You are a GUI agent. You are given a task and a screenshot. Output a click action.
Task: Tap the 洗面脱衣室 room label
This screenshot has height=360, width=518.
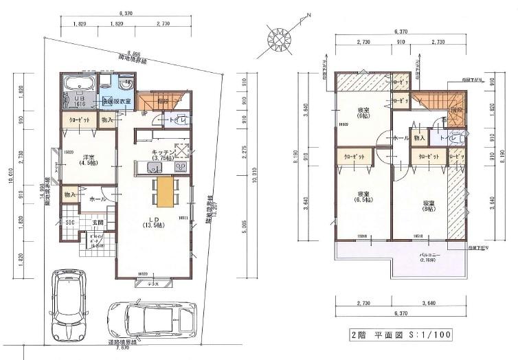coord(115,101)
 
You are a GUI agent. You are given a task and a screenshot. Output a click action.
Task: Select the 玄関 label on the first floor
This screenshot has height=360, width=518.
coord(97,223)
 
